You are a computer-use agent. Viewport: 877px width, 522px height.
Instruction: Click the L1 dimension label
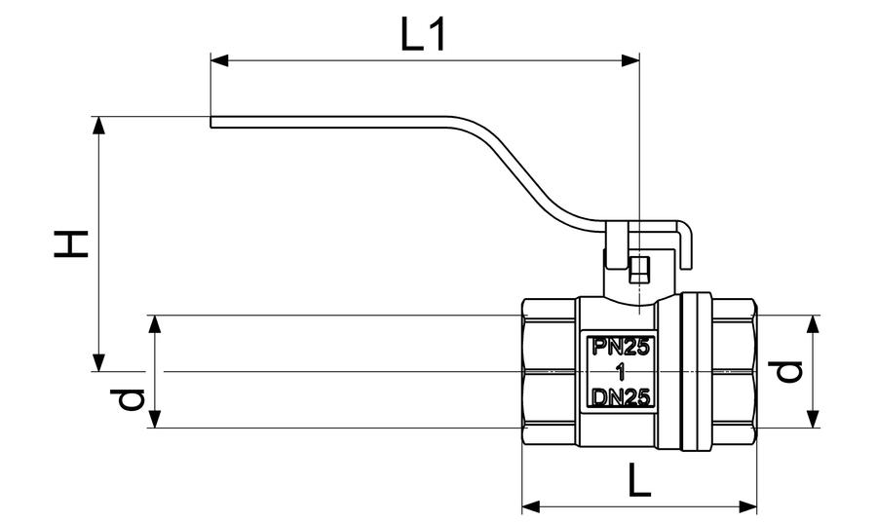(x=424, y=34)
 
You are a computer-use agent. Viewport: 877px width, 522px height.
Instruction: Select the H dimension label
(x=71, y=243)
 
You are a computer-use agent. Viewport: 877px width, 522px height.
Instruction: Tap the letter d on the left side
(x=128, y=399)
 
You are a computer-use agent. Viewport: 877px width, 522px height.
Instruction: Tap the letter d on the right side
(x=785, y=372)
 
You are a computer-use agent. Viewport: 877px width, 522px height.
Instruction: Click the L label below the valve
(x=639, y=479)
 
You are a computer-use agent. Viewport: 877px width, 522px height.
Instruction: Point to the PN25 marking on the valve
(x=621, y=348)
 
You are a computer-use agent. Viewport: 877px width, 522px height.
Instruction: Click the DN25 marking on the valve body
(x=621, y=398)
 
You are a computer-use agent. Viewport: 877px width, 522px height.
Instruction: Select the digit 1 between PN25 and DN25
(x=620, y=372)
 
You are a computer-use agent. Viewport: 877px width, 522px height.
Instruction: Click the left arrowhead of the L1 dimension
(x=219, y=60)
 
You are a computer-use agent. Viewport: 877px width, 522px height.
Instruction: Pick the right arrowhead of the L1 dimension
(x=630, y=60)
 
